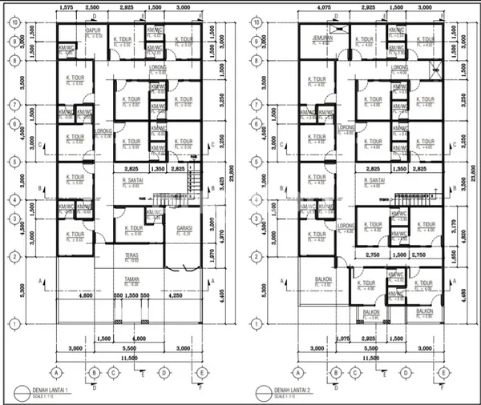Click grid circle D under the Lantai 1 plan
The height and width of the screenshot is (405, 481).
tap(164, 372)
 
